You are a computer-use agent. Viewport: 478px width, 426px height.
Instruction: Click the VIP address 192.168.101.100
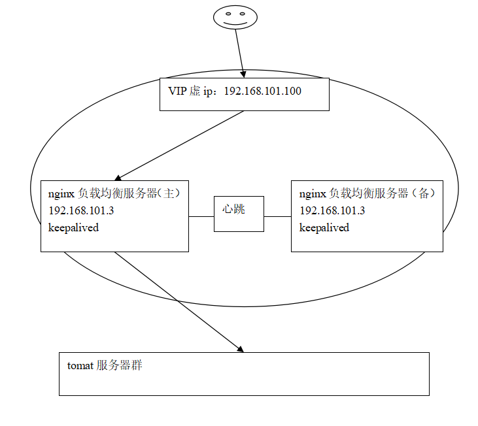[262, 91]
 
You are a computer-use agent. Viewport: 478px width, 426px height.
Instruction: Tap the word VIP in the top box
[177, 91]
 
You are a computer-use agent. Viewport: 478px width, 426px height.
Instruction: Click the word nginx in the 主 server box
[61, 193]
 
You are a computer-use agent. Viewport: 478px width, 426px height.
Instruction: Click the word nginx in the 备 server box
[313, 193]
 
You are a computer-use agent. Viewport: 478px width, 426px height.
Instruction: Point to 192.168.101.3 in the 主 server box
[76, 210]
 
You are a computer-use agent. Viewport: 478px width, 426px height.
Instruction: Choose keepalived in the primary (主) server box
[73, 228]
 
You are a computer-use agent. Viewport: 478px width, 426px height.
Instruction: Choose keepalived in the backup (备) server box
[324, 228]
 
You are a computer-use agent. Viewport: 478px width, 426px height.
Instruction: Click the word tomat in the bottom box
[80, 366]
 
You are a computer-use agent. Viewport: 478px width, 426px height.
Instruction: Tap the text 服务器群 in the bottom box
[120, 366]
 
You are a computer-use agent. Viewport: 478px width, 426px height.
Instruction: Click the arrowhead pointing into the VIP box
[243, 74]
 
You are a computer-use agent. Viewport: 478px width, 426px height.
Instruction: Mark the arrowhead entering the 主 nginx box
[118, 177]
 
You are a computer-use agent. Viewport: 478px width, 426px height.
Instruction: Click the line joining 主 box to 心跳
[201, 216]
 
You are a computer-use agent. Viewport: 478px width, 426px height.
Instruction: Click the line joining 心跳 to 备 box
[277, 216]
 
